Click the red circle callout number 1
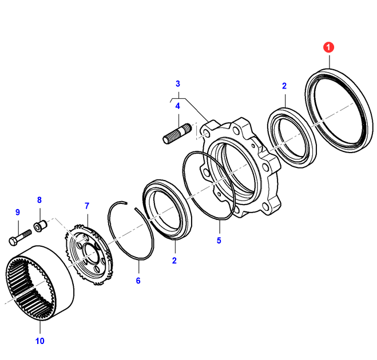(x=328, y=48)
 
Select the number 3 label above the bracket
(x=177, y=83)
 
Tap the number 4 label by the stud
(x=177, y=106)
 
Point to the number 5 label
(x=219, y=241)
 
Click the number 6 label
(x=138, y=281)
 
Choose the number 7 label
(x=87, y=205)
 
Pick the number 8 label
(x=39, y=200)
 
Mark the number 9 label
(x=17, y=212)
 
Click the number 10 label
(x=39, y=342)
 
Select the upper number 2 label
(x=284, y=86)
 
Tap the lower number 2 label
(x=174, y=261)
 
